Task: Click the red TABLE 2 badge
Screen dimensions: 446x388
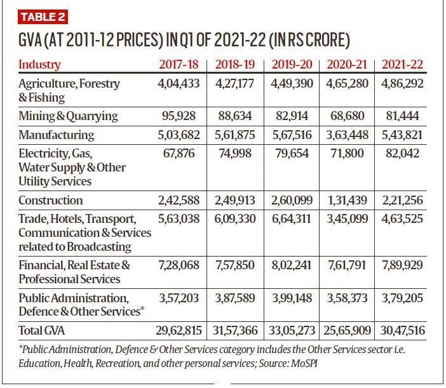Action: [43, 17]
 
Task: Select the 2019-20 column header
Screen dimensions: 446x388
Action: [292, 64]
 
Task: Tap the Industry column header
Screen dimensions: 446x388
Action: [39, 65]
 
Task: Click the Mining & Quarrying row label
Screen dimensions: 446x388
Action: [68, 116]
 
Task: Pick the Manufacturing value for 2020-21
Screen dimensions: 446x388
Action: [347, 135]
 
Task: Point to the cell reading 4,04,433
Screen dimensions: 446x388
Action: [179, 84]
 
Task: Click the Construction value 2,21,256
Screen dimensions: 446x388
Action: [402, 200]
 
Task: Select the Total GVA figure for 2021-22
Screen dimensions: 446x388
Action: [403, 330]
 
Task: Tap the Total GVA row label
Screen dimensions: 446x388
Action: [41, 330]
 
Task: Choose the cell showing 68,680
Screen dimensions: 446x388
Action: [347, 116]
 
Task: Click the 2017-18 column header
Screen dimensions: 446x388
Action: [179, 64]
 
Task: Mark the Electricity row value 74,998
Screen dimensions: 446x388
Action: [235, 154]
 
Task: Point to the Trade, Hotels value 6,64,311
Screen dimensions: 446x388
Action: [292, 219]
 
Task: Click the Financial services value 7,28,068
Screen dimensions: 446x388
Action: [179, 265]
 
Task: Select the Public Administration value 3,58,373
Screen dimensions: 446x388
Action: [347, 298]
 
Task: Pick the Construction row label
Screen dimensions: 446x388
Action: [51, 200]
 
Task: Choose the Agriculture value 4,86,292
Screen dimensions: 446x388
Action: [402, 84]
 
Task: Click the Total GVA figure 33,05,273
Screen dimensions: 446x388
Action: [292, 330]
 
